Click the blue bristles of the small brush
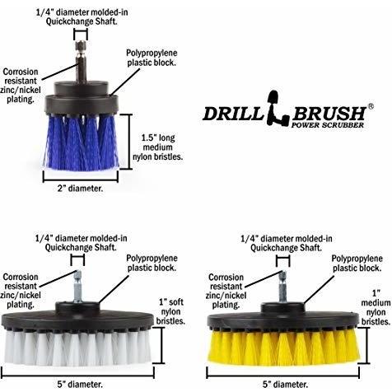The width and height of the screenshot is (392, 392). click(x=82, y=142)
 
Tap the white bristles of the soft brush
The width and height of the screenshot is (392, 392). click(x=77, y=348)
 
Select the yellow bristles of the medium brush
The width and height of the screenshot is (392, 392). click(x=282, y=347)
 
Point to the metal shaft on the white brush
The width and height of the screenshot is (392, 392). click(x=78, y=287)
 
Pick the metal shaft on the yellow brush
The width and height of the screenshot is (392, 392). click(x=283, y=287)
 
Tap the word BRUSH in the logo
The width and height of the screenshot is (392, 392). click(x=329, y=113)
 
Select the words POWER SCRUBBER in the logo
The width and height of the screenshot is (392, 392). click(x=327, y=125)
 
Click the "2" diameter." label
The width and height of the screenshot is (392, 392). click(x=80, y=189)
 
